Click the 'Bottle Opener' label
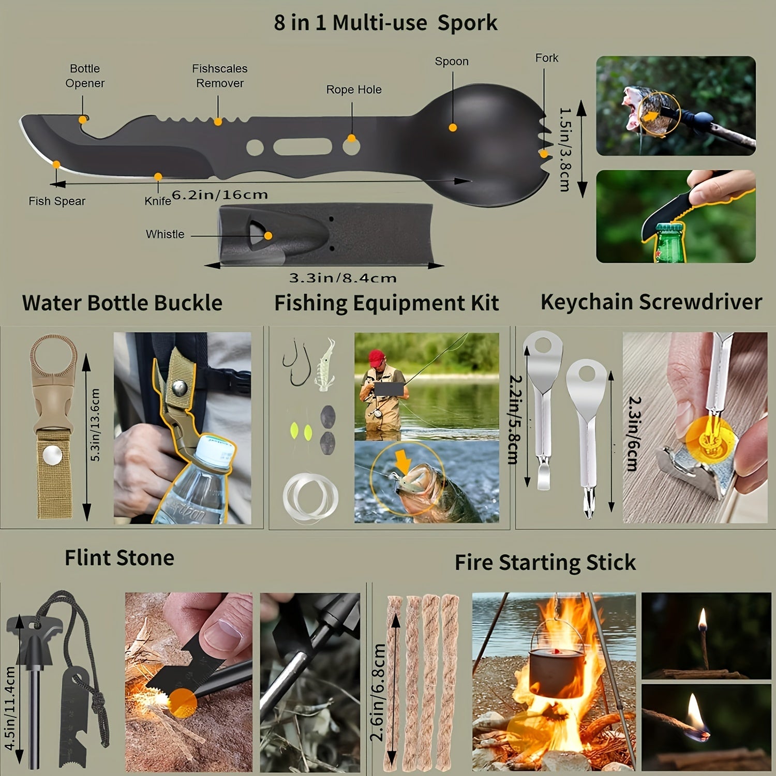(x=85, y=76)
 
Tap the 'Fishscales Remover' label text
(x=220, y=76)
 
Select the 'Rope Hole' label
(x=354, y=89)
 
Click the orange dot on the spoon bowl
(x=453, y=127)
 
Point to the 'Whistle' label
(x=165, y=234)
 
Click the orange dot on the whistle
(x=268, y=236)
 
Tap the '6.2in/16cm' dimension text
(x=220, y=195)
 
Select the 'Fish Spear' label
(x=57, y=201)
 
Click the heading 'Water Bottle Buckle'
(x=122, y=303)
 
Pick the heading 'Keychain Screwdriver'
(x=651, y=302)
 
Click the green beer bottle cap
(x=667, y=226)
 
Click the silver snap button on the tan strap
(x=52, y=456)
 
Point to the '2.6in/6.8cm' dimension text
(x=379, y=692)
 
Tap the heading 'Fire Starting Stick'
(x=545, y=562)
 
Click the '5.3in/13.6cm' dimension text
(x=94, y=425)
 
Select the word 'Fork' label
(x=547, y=58)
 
